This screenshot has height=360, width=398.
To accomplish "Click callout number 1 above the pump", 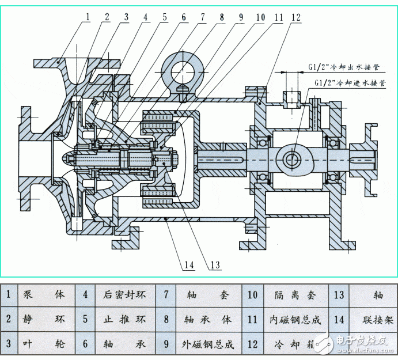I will tap(88, 17).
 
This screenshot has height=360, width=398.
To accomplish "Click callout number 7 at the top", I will tap(202, 17).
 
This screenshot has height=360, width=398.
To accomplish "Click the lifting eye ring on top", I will tap(185, 72).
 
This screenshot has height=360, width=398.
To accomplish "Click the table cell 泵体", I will tap(44, 294).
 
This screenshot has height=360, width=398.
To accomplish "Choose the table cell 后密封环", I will tap(120, 294).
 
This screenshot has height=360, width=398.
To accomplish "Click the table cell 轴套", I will tap(207, 294).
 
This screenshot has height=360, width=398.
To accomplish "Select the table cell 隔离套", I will tap(294, 294).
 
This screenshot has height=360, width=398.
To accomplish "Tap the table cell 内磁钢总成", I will tap(294, 319).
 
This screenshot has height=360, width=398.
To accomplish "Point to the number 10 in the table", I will tap(252, 294).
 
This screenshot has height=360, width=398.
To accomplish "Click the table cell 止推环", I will tap(120, 319).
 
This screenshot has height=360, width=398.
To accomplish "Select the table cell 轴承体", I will tap(207, 319).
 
